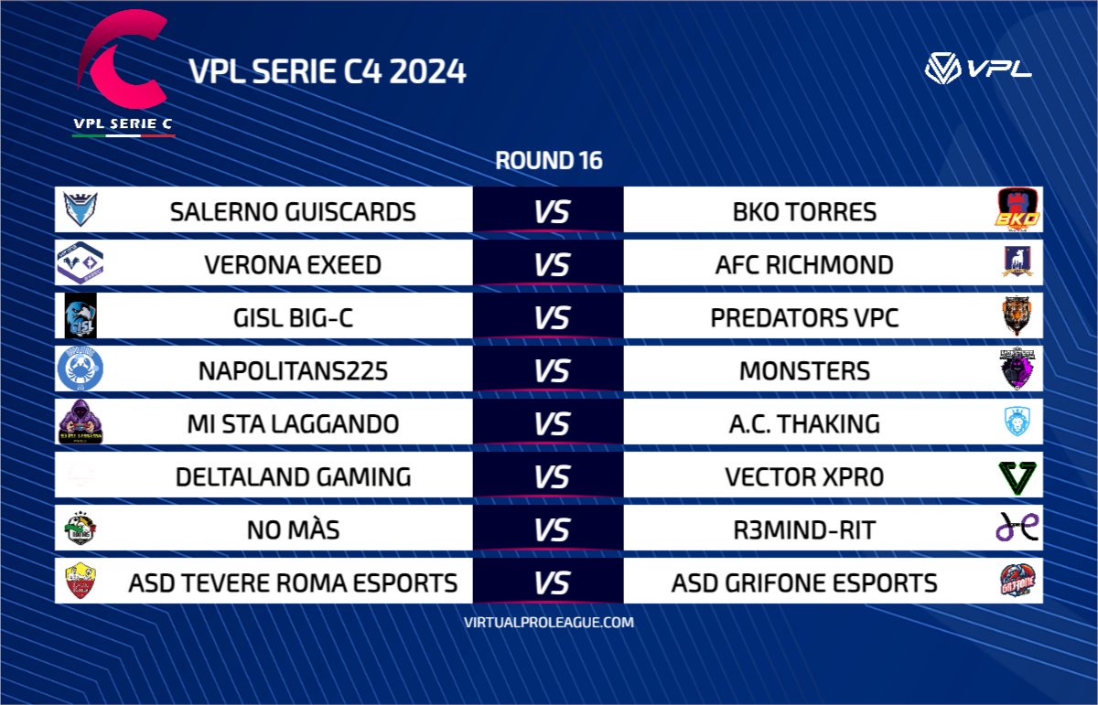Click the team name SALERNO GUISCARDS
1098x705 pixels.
click(x=293, y=211)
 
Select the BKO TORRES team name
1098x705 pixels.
click(x=804, y=211)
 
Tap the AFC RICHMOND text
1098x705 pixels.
click(x=804, y=264)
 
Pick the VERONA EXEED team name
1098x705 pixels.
click(x=293, y=264)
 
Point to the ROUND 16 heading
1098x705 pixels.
click(x=549, y=161)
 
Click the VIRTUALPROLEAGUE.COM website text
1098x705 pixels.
click(x=549, y=622)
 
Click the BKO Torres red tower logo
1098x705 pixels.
click(x=1017, y=210)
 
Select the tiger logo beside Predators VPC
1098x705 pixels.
click(x=1017, y=316)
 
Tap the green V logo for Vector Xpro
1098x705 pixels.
click(x=1017, y=476)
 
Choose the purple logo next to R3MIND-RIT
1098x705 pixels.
click(x=1017, y=529)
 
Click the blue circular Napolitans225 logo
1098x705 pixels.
click(x=80, y=369)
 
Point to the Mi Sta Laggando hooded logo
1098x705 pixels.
click(x=80, y=422)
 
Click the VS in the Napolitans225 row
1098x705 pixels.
click(x=551, y=370)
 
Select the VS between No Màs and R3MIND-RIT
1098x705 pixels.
click(x=551, y=529)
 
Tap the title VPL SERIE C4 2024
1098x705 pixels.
click(x=327, y=71)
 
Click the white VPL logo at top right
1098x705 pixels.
click(x=978, y=69)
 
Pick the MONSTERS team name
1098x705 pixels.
click(x=804, y=370)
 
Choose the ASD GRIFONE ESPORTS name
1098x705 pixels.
click(x=804, y=582)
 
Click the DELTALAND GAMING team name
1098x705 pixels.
click(x=293, y=476)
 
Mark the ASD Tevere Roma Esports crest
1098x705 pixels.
click(x=80, y=582)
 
